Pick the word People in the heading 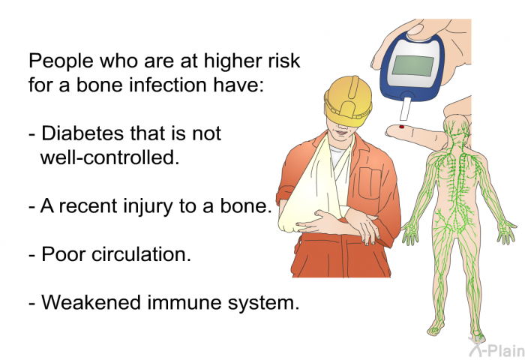coord(58,61)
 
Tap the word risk coord(284,61)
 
